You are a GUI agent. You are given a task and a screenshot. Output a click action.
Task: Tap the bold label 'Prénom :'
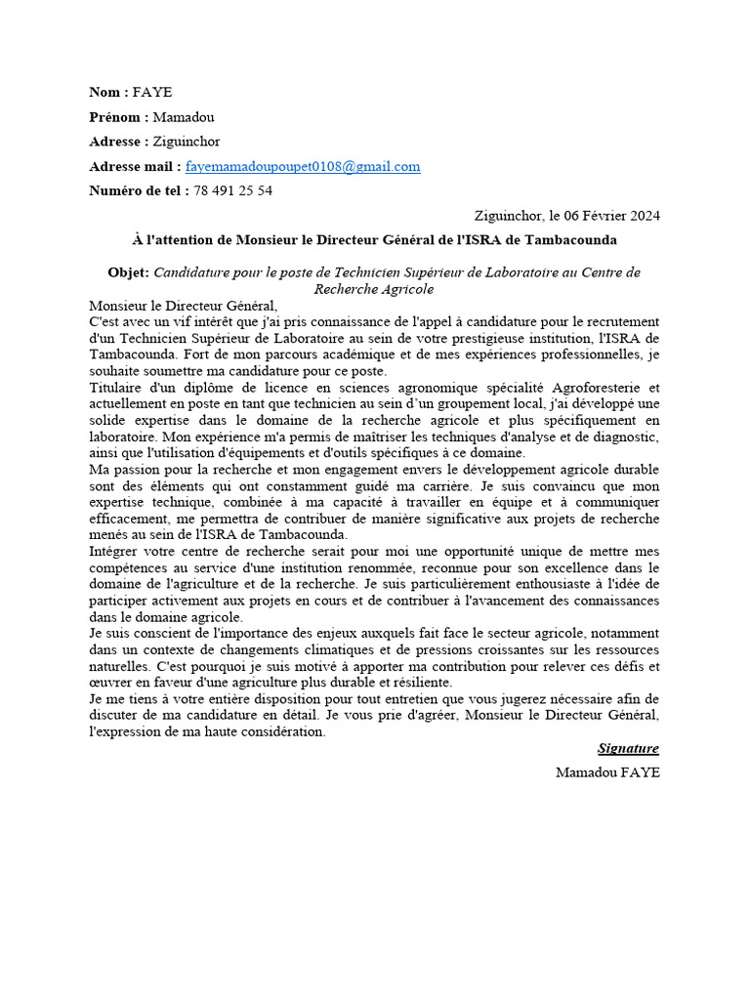119,117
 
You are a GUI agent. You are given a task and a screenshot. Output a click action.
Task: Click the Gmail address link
303,166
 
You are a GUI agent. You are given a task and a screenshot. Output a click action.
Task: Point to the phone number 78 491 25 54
232,190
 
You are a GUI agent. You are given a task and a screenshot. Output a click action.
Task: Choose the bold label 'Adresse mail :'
135,166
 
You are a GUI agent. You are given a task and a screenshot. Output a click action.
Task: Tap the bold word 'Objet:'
128,272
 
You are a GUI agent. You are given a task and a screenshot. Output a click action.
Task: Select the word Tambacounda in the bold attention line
573,239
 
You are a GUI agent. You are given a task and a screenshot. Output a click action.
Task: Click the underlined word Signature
628,748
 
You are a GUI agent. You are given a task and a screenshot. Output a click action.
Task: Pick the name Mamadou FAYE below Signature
607,772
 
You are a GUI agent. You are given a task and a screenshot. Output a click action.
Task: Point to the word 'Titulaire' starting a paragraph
114,388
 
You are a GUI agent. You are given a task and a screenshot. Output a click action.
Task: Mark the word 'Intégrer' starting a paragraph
113,552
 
